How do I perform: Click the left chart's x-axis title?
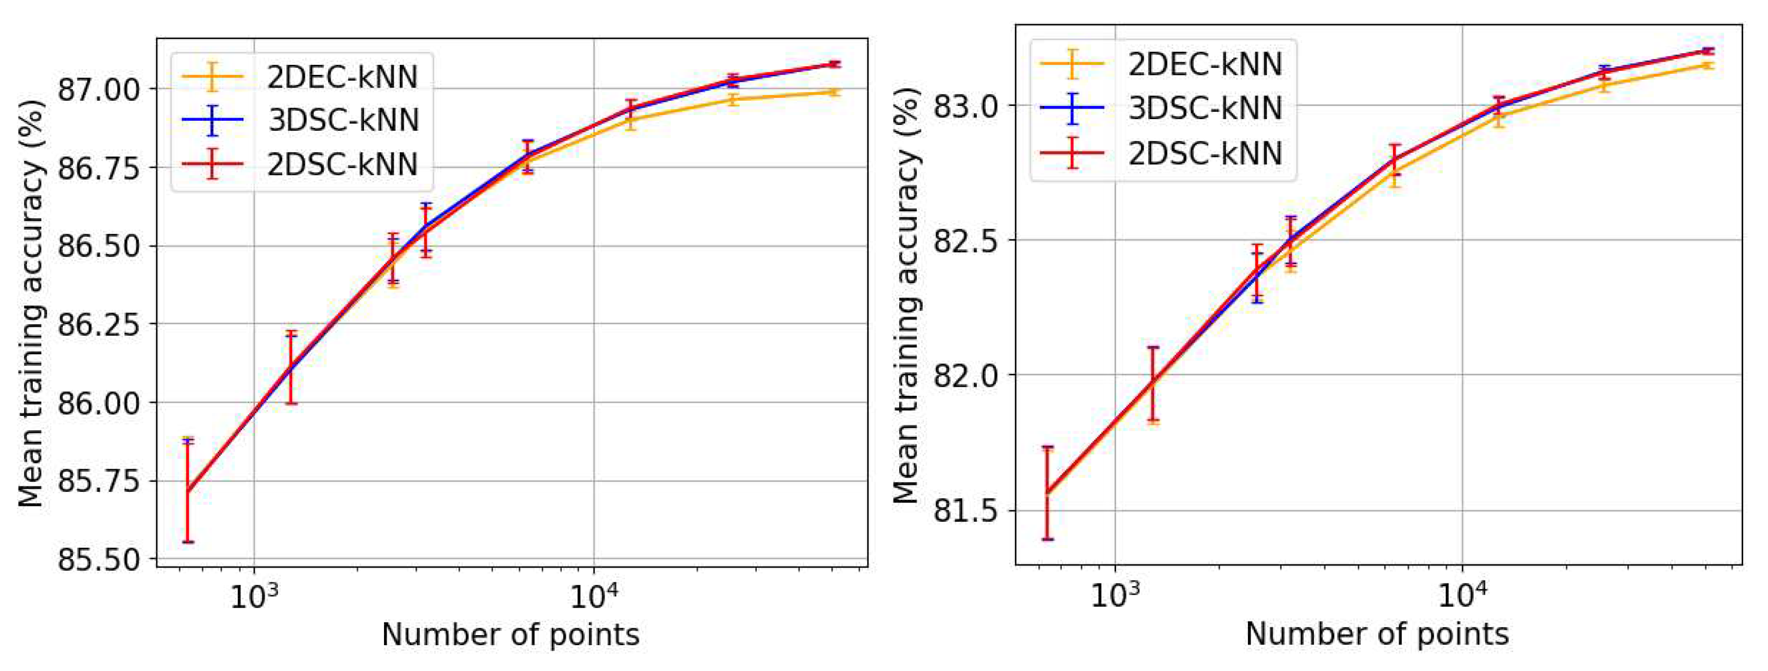tap(510, 635)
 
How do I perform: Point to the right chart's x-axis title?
tap(1377, 634)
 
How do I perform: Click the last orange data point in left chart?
tap(834, 92)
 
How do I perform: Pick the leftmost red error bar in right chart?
tap(1048, 493)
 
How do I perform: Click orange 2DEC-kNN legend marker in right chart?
tap(1072, 64)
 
